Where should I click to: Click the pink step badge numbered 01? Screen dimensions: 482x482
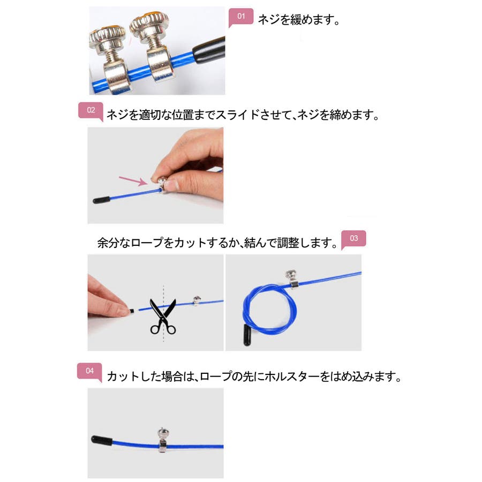[x=241, y=17]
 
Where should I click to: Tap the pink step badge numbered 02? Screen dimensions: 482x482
[x=91, y=111]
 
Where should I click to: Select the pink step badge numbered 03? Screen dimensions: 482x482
[x=353, y=239]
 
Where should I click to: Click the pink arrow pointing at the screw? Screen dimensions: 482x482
[x=133, y=181]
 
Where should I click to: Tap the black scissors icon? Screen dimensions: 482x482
[x=163, y=317]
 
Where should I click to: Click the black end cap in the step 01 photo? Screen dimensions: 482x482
[x=209, y=50]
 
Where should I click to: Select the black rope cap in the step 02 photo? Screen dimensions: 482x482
[x=101, y=200]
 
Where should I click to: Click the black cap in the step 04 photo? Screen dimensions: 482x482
[x=101, y=440]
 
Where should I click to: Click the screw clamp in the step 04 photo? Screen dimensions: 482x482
[x=163, y=440]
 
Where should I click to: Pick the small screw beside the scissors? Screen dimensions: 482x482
[x=197, y=300]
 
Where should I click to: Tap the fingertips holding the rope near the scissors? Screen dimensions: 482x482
[x=124, y=311]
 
